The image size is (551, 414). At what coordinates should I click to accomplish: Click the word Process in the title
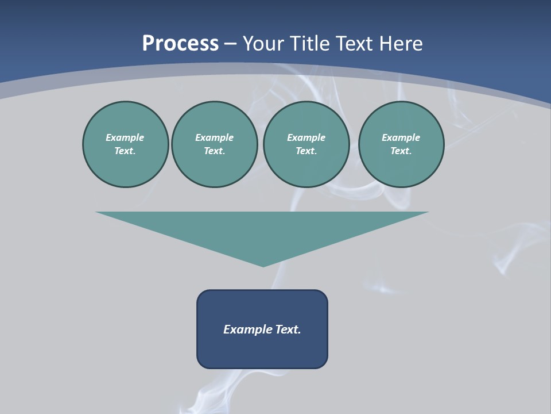[x=180, y=44]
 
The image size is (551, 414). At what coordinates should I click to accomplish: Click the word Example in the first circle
[x=125, y=137]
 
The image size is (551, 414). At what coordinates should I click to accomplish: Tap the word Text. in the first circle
[x=125, y=151]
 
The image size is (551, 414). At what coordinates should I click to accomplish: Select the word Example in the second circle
[x=214, y=137]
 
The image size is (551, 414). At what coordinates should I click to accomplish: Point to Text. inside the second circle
[x=214, y=151]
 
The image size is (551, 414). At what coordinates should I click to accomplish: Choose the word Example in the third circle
[x=306, y=137]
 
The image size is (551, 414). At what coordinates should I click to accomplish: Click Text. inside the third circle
[x=306, y=151]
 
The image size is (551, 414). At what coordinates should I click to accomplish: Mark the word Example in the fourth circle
[x=401, y=137]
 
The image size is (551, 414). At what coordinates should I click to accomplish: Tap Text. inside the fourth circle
[x=401, y=151]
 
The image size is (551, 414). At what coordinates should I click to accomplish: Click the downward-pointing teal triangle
[x=262, y=230]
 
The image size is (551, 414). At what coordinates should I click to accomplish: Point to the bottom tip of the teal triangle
[x=263, y=265]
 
